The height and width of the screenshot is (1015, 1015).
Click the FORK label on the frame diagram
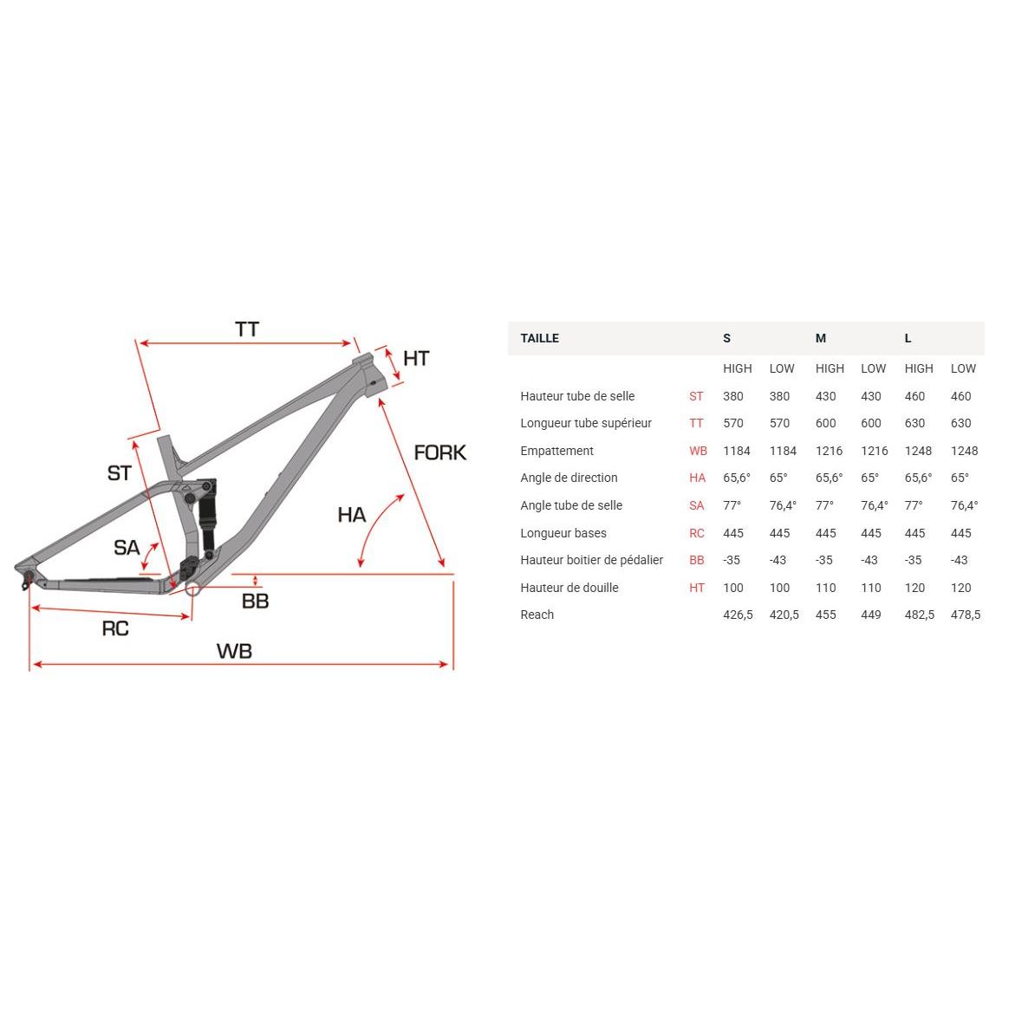440,452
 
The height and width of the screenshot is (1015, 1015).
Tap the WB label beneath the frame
234,651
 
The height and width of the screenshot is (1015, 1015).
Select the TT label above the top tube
247,329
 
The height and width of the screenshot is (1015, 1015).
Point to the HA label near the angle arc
352,515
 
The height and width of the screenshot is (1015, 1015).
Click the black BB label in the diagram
255,602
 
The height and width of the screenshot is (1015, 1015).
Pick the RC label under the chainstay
115,628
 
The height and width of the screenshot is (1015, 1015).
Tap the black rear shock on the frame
207,517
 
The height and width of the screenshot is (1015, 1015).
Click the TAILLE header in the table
540,339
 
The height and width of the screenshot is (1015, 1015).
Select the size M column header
821,339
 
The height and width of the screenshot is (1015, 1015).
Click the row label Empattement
556,452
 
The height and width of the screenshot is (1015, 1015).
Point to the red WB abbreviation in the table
699,452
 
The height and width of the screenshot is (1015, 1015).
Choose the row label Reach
537,615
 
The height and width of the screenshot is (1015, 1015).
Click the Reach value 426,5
738,615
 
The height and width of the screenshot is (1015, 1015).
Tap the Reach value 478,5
966,615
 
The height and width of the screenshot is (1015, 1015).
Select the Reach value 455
826,615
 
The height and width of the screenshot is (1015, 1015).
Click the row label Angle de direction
569,478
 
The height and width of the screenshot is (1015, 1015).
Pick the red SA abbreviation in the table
697,505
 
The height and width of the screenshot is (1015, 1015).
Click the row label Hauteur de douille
569,588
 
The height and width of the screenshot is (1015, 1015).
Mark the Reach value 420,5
784,615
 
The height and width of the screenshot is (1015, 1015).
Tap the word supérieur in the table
623,423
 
